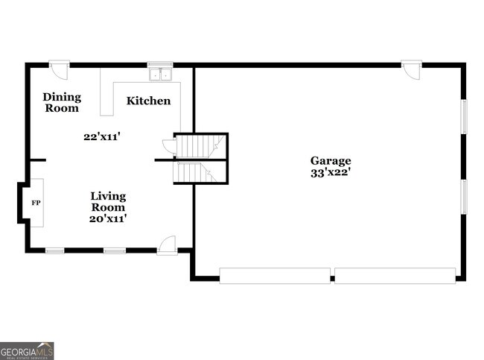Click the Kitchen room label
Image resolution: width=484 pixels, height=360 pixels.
[148, 101]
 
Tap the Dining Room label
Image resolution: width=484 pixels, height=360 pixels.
[62, 103]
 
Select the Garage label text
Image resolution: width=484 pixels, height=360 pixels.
[331, 161]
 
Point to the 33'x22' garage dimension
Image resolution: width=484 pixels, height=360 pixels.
[331, 172]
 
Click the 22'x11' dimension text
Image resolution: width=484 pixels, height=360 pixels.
[101, 136]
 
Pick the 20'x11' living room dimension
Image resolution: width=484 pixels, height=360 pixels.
[108, 218]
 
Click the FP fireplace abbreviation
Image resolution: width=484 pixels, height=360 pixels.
[36, 203]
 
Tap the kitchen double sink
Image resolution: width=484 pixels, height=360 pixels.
[161, 75]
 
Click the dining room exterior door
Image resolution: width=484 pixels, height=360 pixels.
[59, 70]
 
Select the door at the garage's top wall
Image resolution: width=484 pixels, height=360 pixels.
[412, 70]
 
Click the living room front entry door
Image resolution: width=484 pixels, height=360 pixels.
[167, 246]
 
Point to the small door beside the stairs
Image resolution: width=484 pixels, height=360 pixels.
[170, 145]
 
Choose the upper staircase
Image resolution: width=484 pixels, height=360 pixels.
[200, 146]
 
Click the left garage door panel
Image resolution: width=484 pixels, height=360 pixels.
[275, 276]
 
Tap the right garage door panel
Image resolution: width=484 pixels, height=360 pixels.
[395, 276]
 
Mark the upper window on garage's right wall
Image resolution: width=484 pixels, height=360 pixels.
[464, 116]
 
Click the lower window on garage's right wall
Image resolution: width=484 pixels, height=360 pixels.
[464, 197]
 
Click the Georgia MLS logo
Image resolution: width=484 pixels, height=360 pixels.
[27, 351]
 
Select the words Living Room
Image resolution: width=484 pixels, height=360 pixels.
[108, 201]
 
